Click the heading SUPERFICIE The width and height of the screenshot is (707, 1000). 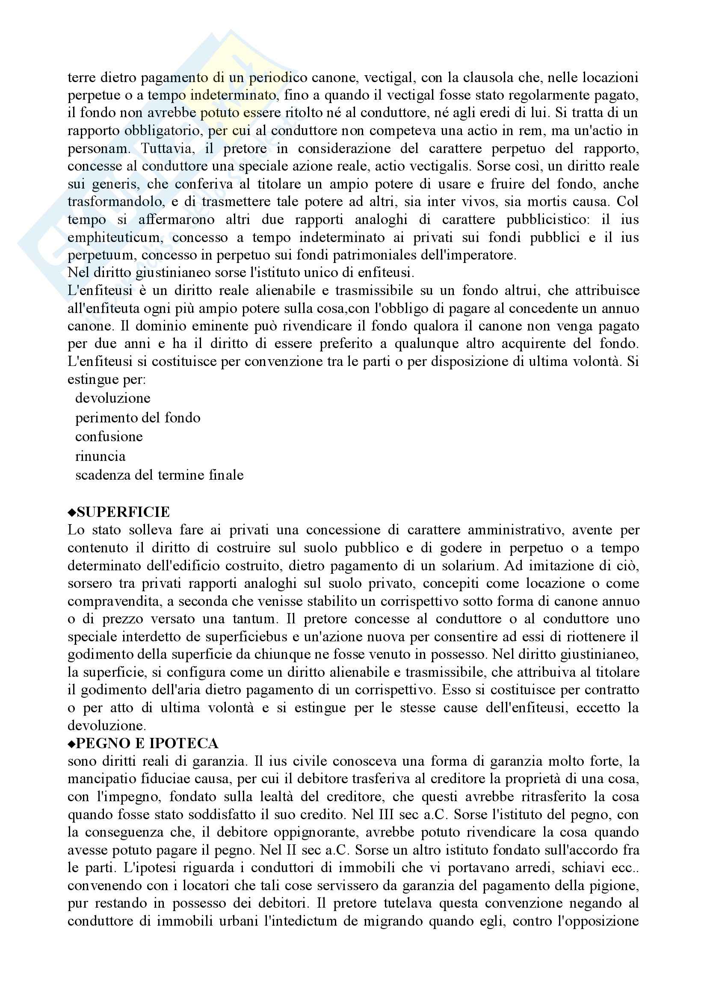(123, 512)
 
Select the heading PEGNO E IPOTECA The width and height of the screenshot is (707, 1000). (147, 743)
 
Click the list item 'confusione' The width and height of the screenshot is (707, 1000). (109, 437)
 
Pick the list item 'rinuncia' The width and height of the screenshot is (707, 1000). (100, 457)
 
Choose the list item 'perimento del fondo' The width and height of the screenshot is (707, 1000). (138, 418)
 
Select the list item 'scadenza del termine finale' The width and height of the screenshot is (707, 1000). (159, 475)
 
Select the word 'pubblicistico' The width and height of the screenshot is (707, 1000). (548, 220)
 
